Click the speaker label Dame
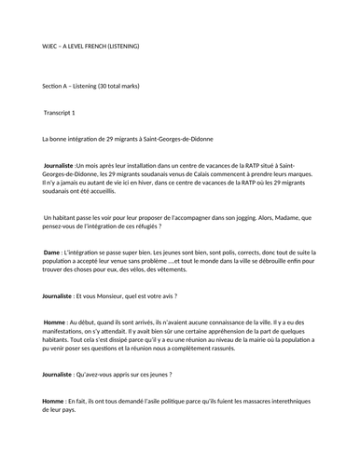[x=51, y=252]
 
